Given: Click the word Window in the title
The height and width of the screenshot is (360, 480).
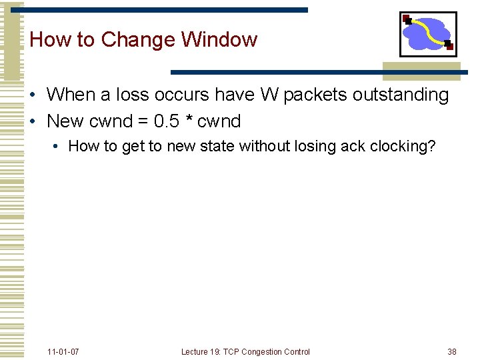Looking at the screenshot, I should point(219,39).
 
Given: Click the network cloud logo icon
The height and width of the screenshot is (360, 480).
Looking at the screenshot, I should point(428,33).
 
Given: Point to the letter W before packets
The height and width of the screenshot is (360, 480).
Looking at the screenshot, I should point(269,95).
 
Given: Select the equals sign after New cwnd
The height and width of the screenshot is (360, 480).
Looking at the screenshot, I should point(143,122).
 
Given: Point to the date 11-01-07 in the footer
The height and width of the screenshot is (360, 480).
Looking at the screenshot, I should point(63,351).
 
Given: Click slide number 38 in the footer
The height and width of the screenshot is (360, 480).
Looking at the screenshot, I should point(452,351).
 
